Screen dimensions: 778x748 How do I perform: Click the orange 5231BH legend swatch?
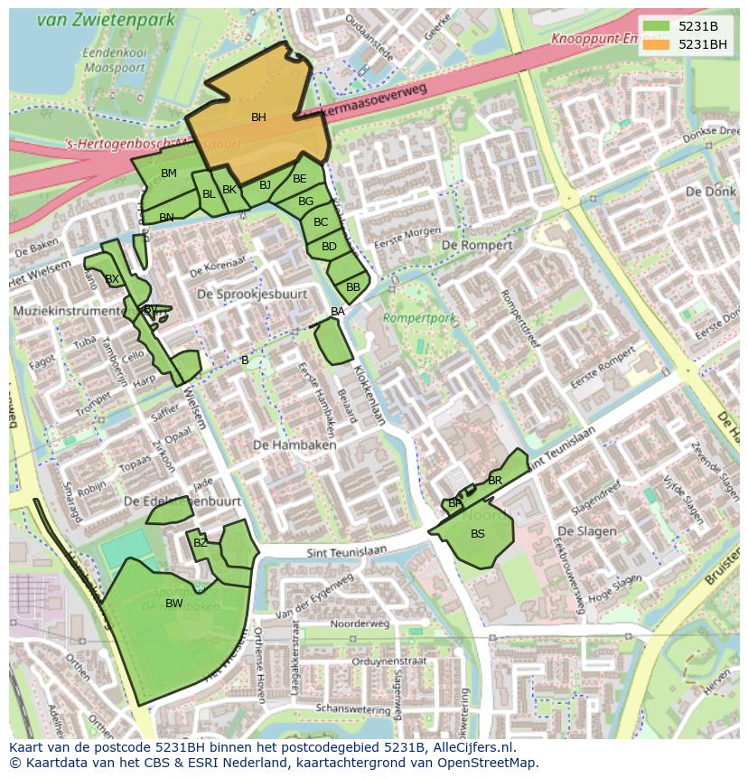coord(658,44)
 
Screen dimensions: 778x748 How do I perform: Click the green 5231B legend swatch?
coord(658,26)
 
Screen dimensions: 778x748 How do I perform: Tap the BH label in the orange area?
coord(258,117)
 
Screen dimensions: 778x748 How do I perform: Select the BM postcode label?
coord(169,173)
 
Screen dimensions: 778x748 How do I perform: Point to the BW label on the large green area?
coord(174,604)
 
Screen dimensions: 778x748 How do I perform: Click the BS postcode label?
coord(478,534)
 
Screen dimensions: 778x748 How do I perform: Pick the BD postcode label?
coord(329,247)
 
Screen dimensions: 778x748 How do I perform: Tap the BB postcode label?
coord(353,287)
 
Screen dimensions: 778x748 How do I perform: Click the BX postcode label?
coord(112,279)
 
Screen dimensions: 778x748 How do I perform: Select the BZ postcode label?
coord(201,543)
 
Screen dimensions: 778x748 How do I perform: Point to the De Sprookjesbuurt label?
coord(252,295)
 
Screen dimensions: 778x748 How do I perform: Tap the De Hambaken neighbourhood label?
coord(295,445)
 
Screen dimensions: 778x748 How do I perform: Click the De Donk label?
coord(705,192)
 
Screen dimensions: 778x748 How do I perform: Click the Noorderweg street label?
coord(360,623)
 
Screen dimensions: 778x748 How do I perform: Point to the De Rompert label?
coord(476,245)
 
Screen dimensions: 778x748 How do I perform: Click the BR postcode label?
coord(495,481)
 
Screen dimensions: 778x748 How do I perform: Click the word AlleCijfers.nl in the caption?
coord(470,747)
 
